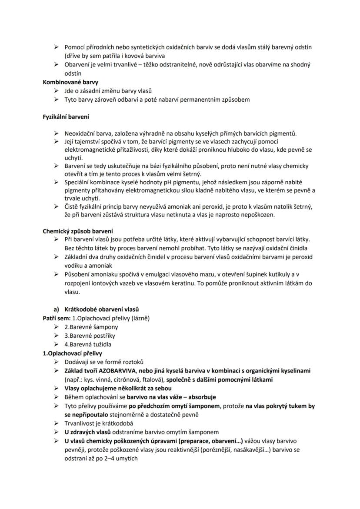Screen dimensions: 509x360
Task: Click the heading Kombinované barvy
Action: click(x=64, y=82)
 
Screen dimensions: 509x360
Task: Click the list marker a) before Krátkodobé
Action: click(x=56, y=309)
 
